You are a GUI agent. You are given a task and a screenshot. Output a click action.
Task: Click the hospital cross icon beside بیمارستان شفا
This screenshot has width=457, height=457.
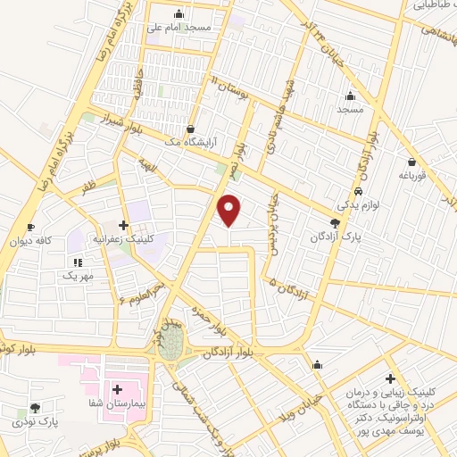click(x=117, y=389)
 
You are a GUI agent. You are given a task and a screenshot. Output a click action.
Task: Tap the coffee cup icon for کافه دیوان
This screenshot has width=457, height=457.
click(x=32, y=228)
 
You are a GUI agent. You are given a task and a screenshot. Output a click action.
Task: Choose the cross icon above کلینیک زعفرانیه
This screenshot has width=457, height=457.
click(x=123, y=224)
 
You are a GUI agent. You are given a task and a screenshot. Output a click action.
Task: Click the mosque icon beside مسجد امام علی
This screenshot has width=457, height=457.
click(x=179, y=13)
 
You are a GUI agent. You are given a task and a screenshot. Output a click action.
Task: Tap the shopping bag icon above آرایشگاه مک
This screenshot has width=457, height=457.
click(x=190, y=129)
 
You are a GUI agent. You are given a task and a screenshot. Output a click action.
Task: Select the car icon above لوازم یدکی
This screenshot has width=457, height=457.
click(x=357, y=192)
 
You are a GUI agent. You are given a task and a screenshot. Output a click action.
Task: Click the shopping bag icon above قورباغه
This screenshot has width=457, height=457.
click(x=411, y=162)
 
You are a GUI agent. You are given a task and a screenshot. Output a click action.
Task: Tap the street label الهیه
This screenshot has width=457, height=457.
click(x=147, y=163)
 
